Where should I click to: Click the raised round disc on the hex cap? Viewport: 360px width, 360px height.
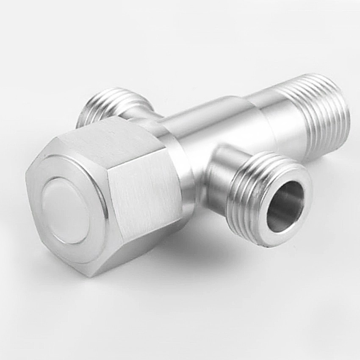[66, 210]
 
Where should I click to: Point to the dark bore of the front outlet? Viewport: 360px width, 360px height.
[285, 207]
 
